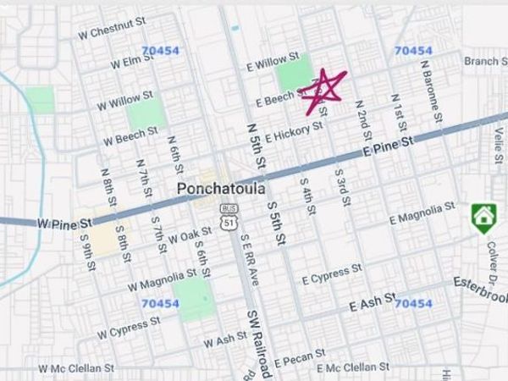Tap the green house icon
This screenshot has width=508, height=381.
483,218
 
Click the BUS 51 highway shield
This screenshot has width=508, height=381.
228,216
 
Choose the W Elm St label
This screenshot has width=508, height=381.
131,63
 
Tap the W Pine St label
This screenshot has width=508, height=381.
64,224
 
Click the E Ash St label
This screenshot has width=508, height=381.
373,302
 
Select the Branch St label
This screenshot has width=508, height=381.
485,61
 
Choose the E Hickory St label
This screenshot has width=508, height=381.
295,131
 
